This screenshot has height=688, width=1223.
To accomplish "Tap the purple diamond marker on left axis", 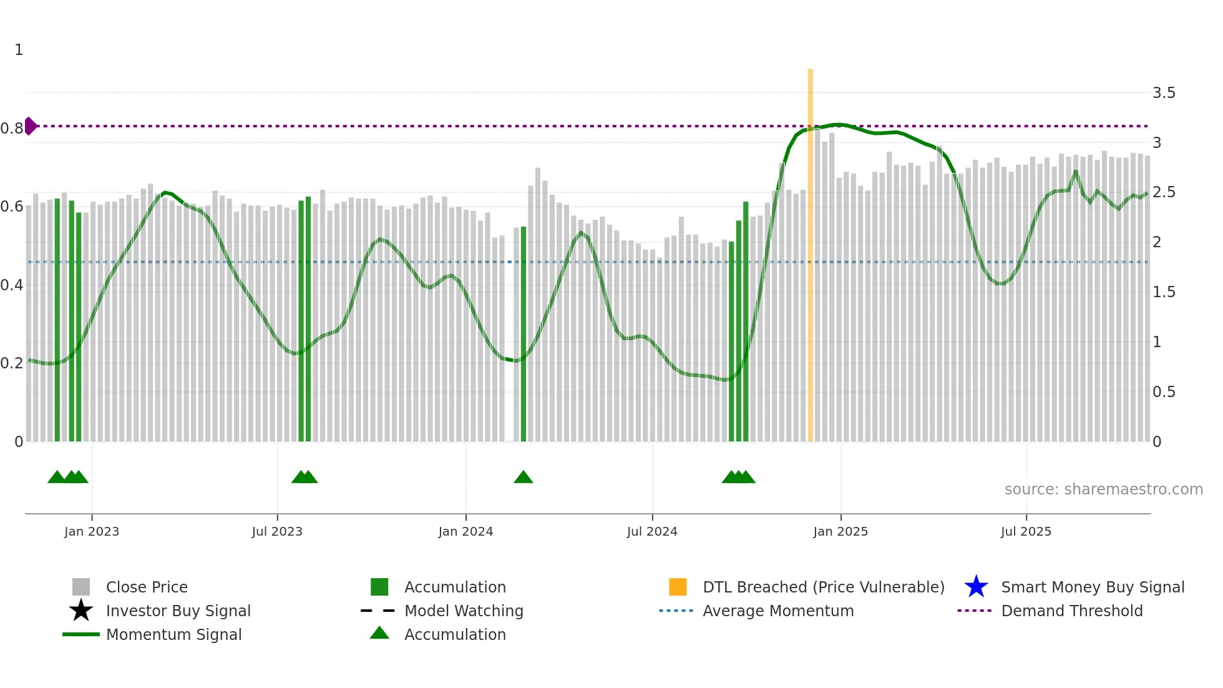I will (30, 126).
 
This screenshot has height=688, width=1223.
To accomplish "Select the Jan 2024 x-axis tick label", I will (465, 531).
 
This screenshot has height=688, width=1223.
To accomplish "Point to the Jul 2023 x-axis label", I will (277, 531).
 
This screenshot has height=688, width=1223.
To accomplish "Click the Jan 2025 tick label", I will (841, 531).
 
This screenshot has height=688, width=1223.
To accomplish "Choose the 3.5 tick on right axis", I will (1164, 93).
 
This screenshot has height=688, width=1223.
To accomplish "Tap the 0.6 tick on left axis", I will (12, 207).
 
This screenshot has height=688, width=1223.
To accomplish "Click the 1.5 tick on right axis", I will (1164, 292).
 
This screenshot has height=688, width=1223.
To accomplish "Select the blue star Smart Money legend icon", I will (976, 587).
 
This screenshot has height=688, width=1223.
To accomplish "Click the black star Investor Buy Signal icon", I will (81, 611).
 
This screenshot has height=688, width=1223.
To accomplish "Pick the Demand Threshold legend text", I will (1071, 611).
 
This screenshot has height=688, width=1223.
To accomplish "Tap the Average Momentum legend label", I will (778, 611).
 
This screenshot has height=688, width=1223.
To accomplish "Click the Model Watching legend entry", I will (464, 611).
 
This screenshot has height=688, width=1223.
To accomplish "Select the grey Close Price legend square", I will (81, 587).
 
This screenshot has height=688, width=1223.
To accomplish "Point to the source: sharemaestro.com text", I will (1103, 489).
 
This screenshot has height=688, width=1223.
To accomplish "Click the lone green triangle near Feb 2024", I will (523, 478).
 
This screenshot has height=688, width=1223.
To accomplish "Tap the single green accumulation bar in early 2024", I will (524, 334).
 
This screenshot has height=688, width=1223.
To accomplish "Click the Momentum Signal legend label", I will (173, 634).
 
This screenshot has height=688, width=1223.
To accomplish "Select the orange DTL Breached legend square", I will (678, 587).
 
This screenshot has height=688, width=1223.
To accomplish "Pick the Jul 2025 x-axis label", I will (1026, 531).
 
